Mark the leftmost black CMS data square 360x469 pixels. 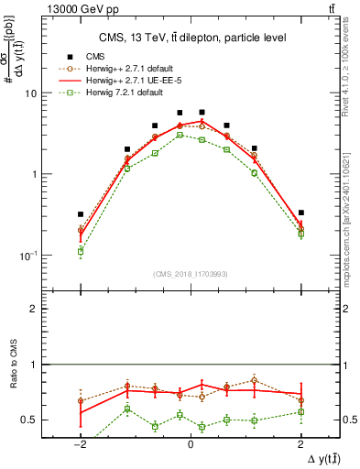pyautogui.click(x=81, y=214)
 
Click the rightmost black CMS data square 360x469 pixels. pyautogui.click(x=300, y=213)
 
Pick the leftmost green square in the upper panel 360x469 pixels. pyautogui.click(x=81, y=251)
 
